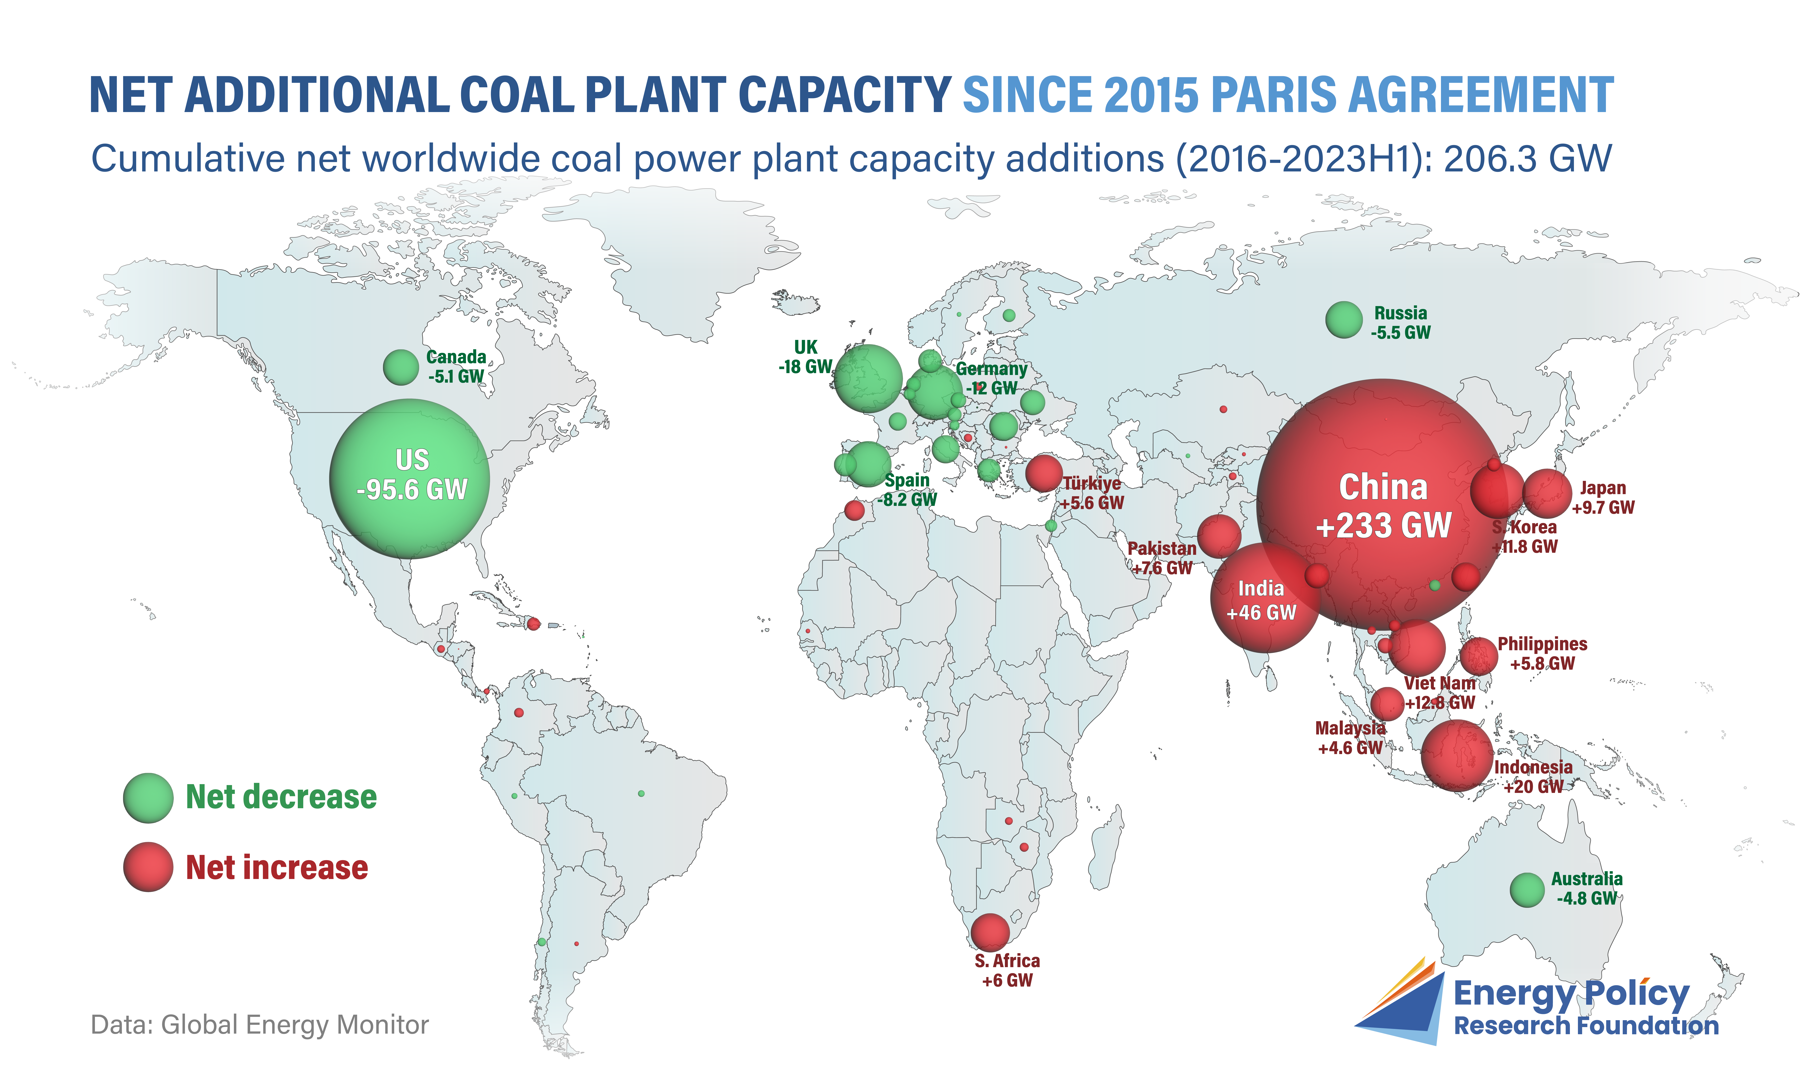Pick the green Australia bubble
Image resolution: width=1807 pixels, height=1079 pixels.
(x=1527, y=890)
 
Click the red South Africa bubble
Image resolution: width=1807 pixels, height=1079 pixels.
(x=990, y=932)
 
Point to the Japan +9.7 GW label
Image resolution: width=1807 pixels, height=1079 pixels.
(x=1603, y=498)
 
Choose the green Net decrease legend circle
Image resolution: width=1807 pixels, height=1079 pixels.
(x=148, y=798)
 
